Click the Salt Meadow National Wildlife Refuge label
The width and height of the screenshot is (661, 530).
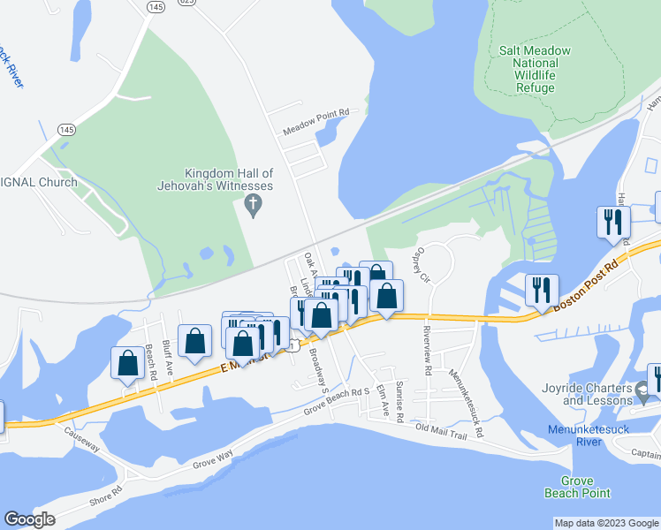(x=528, y=70)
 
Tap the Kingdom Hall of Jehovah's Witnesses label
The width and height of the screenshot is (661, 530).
(x=229, y=179)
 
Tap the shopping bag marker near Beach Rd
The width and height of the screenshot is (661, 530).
(x=127, y=362)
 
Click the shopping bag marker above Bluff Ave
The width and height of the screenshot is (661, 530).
(x=194, y=342)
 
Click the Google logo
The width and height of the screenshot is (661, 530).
(x=30, y=519)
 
